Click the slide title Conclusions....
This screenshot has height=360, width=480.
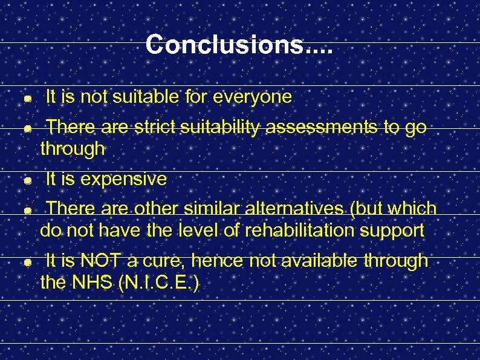click(x=239, y=44)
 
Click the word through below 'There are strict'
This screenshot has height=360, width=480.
click(x=73, y=149)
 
